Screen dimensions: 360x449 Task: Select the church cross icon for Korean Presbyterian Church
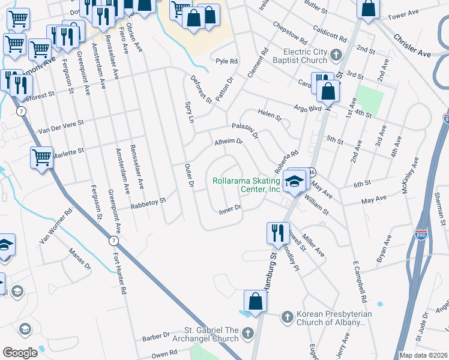tap(288, 316)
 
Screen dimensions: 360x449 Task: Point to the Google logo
tap(20, 352)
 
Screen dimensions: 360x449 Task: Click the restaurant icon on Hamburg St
tap(277, 233)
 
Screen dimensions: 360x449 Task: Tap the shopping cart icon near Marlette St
tap(41, 159)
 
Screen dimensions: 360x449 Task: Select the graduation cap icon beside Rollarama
tap(295, 181)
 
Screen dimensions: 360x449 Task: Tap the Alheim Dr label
tap(228, 142)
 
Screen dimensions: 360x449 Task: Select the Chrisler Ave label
tap(412, 46)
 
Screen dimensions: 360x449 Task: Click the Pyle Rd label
tap(227, 61)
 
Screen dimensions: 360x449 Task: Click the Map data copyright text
tap(423, 355)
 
